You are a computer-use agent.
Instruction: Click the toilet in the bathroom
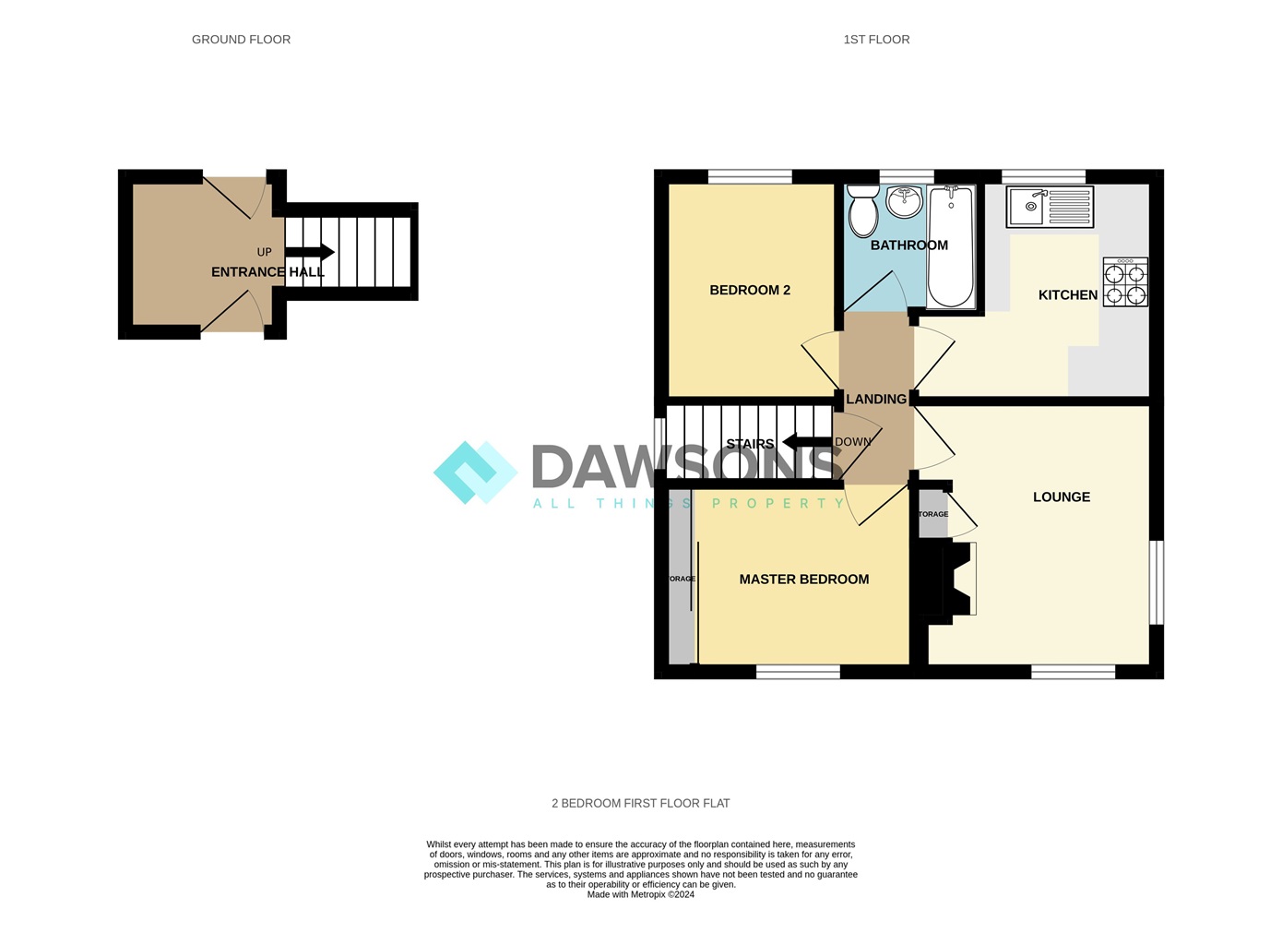coord(863,211)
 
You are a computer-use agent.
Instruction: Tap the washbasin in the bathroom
coord(904,200)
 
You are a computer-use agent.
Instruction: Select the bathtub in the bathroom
coord(950,247)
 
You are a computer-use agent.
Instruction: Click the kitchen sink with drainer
coord(1050,207)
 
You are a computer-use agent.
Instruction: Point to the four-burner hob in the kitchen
coord(1125,282)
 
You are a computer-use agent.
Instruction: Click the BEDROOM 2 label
coord(750,290)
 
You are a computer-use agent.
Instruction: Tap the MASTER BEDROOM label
coord(803,580)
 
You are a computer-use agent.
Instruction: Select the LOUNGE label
coord(1061,496)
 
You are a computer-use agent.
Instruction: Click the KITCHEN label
coord(1067,295)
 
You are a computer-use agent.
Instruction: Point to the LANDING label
coord(875,400)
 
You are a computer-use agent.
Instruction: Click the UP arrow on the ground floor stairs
coord(310,252)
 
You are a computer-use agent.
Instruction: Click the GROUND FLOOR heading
coord(241,40)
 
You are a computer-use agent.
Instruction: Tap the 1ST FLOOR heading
coord(876,40)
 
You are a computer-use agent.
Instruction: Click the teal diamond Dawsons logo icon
coord(475,472)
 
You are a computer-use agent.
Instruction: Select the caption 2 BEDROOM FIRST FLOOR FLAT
coord(640,804)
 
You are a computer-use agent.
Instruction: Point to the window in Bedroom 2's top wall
coord(750,176)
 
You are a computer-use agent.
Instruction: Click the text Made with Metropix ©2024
coord(640,894)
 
